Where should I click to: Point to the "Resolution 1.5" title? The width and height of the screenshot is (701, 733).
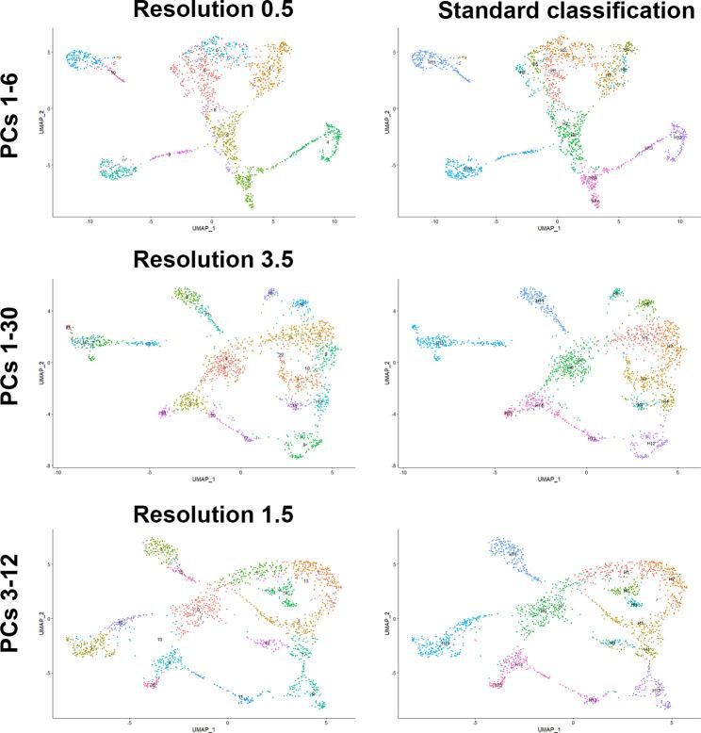coord(194,514)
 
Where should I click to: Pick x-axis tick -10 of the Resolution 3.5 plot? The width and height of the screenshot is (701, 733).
coord(58,471)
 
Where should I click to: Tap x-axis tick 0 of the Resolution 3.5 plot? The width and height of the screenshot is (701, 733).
coord(240,471)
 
